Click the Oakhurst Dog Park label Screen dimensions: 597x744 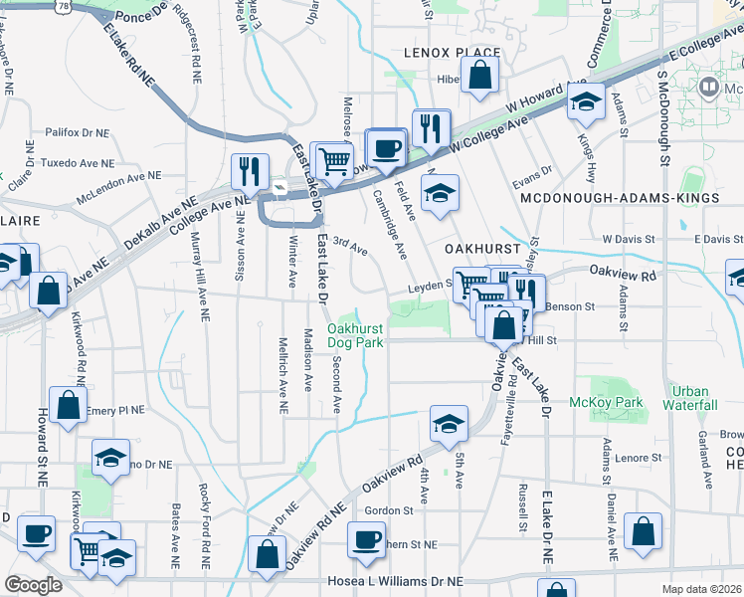(x=355, y=335)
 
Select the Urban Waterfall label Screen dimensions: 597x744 (x=694, y=398)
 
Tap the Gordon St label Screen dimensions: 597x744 (x=389, y=510)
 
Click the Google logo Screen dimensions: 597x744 (x=34, y=584)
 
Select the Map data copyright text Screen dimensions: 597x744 (x=702, y=588)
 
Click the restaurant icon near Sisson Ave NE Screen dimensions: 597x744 (x=249, y=171)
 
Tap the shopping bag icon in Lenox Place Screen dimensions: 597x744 (x=480, y=74)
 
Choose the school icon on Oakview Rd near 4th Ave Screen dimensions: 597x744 (x=449, y=424)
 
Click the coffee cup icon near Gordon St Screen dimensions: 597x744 (x=366, y=539)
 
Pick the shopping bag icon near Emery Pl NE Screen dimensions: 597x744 (x=67, y=406)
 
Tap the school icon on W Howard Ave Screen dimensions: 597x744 (x=587, y=100)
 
